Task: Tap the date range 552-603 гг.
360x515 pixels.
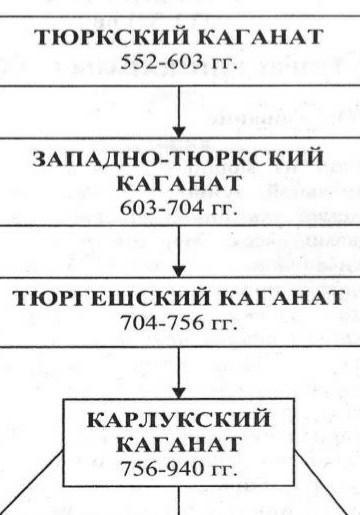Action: click(179, 62)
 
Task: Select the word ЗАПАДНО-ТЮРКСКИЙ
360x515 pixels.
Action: click(179, 158)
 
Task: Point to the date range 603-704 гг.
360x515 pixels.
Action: click(179, 208)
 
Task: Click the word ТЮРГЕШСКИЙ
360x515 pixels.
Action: click(112, 298)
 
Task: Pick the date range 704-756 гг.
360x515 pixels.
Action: click(179, 323)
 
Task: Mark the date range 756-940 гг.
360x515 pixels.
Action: click(179, 469)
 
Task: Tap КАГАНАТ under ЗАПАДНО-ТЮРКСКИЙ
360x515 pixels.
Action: click(179, 183)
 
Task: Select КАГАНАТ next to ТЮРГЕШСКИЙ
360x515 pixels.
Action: click(282, 298)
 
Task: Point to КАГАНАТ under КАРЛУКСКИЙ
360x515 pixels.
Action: click(179, 444)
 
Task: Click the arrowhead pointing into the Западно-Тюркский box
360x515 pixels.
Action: click(179, 132)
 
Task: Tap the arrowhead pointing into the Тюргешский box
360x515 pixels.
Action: click(179, 271)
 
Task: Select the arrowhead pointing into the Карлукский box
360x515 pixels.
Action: click(179, 393)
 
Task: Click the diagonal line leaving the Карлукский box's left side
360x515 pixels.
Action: click(32, 483)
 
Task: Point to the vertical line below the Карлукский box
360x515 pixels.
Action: click(179, 500)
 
